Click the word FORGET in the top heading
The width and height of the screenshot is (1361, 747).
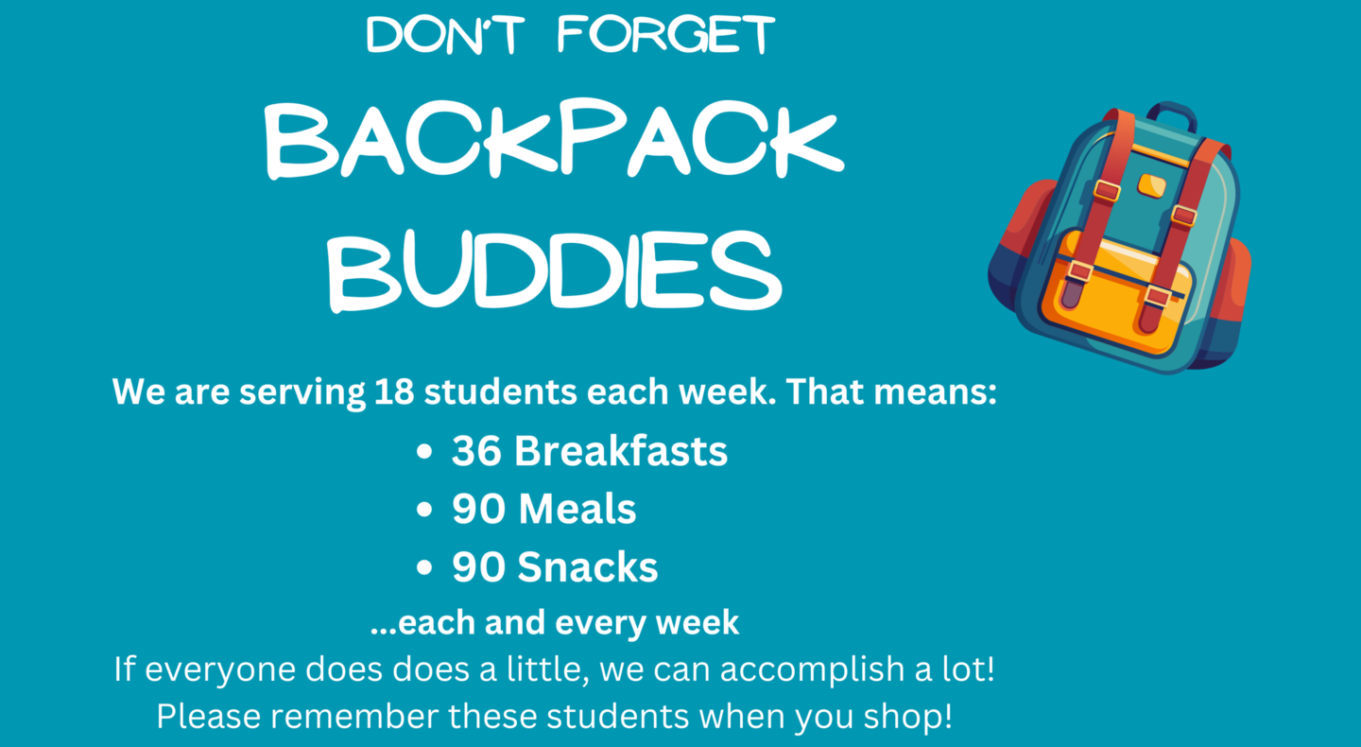666,34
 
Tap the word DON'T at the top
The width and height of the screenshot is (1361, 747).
445,35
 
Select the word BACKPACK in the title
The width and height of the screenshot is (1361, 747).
554,140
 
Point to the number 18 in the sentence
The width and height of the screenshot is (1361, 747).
394,391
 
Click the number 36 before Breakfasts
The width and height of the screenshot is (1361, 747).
476,451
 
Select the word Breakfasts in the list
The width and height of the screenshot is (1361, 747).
621,451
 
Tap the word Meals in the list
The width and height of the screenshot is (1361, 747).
577,509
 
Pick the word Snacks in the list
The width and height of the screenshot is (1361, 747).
588,566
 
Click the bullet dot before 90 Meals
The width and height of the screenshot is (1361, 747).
424,510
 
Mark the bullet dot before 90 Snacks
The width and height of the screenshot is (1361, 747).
424,567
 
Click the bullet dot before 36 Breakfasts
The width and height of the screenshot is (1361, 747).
424,452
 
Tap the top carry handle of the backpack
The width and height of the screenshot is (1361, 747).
1171,113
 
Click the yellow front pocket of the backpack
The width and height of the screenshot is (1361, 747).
1117,292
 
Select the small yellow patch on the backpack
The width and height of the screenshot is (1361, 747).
1151,186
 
